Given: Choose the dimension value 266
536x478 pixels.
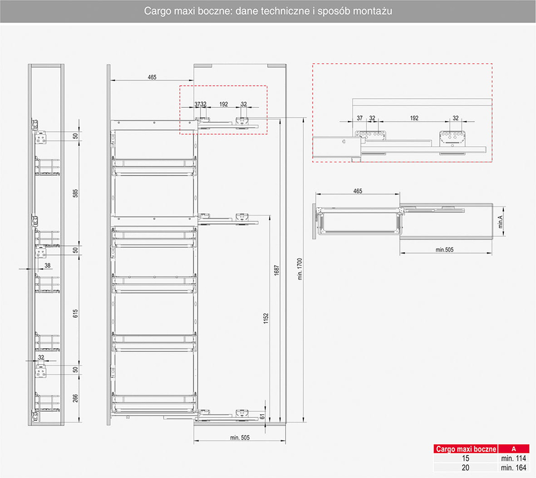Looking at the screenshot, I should click(76, 398).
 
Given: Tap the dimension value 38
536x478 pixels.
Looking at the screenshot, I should click(48, 265).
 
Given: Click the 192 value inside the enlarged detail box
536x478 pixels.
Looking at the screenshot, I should click(414, 118).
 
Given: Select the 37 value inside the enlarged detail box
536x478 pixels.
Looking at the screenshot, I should click(359, 118).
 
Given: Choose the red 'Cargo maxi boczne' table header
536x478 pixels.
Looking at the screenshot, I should click(465, 449).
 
